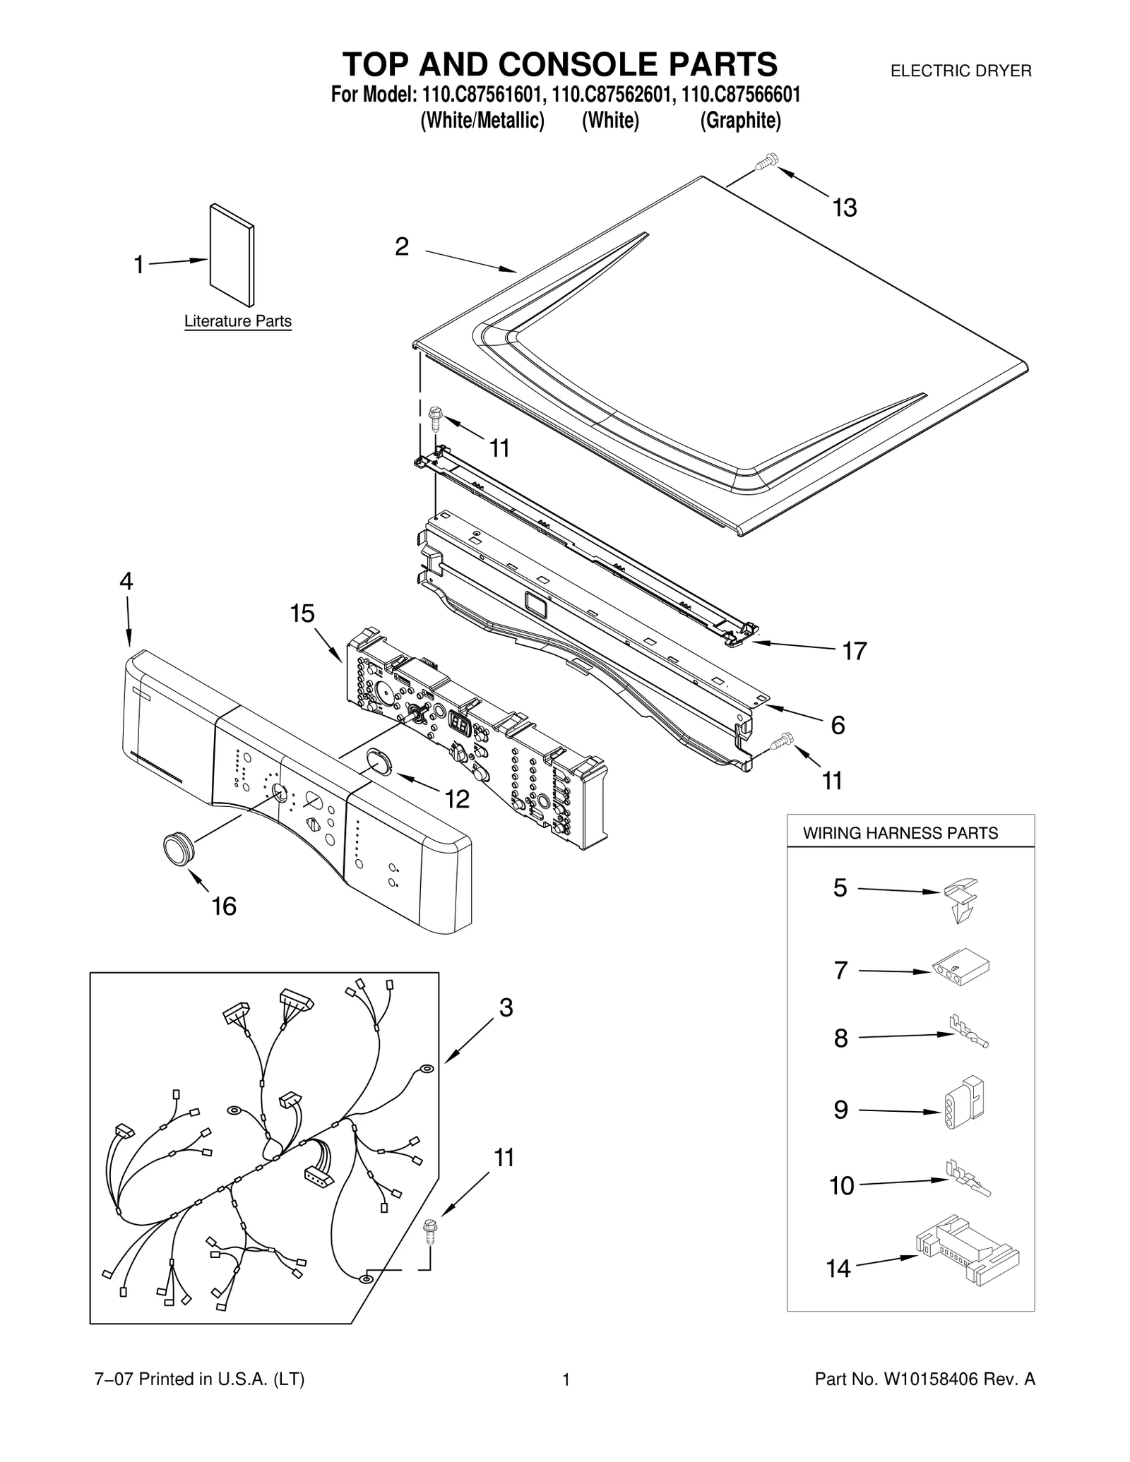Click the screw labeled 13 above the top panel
point(765,162)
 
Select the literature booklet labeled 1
point(232,255)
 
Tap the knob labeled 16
point(178,848)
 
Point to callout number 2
point(401,246)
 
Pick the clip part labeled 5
point(961,899)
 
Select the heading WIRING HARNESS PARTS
point(900,833)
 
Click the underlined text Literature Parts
point(238,321)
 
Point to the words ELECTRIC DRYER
point(961,71)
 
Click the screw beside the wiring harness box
point(429,1230)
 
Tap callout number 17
point(854,650)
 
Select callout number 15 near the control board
point(302,613)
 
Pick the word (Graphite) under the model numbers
point(740,121)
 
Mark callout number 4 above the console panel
point(126,581)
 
